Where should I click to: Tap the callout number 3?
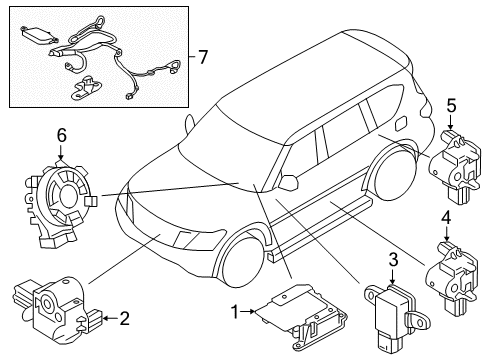(393, 260)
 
